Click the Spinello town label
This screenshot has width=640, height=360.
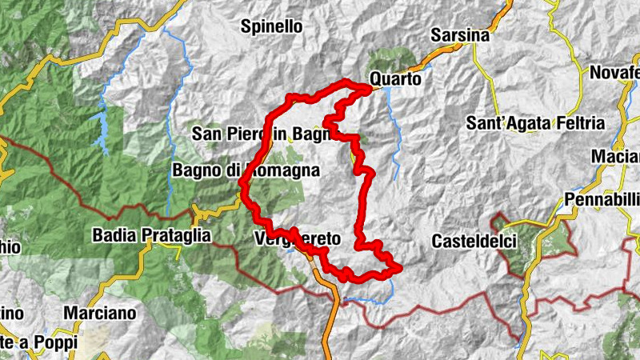(272, 26)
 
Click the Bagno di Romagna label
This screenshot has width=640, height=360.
(246, 170)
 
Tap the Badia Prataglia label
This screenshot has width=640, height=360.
(151, 235)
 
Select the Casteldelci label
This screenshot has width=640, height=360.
(471, 240)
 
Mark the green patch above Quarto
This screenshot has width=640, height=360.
(392, 61)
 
